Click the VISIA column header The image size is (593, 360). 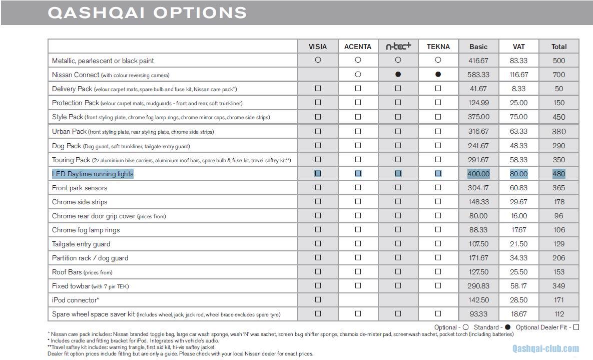point(318,47)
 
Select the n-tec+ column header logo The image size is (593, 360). point(398,47)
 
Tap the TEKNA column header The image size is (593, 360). point(438,47)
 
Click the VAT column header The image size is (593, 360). point(519,47)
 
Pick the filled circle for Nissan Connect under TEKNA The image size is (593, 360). point(438,75)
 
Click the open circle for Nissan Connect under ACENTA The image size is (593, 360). point(358,75)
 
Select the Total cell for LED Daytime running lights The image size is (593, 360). point(559,174)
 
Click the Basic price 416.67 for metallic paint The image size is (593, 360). point(478,61)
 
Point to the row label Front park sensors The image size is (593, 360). point(80,188)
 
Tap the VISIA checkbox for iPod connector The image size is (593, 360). point(318,300)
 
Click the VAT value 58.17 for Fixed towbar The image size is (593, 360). point(519,286)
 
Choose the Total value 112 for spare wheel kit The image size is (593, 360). point(559,314)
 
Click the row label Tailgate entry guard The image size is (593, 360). point(81,244)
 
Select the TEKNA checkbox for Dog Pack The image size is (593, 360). point(438,146)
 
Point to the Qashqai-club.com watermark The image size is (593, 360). point(545,349)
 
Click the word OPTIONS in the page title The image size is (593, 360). point(200,13)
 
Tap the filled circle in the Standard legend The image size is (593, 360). point(507,327)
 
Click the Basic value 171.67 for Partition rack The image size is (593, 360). point(478,258)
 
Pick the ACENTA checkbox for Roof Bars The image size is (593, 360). point(358,272)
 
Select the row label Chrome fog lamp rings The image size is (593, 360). point(86,230)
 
